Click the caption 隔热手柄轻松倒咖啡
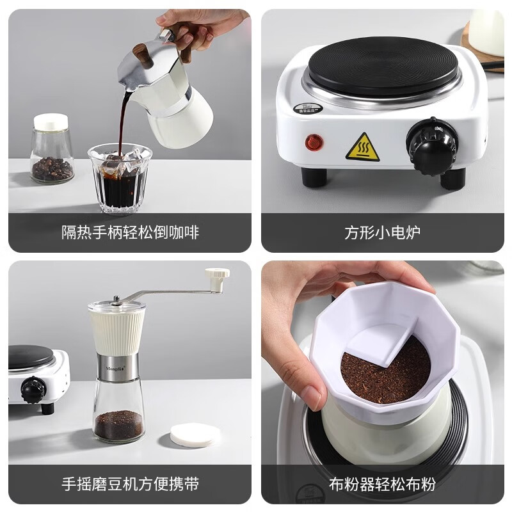(130, 232)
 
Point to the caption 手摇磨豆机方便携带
(130, 483)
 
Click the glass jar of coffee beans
(51, 154)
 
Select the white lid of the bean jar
(51, 121)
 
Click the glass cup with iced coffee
(120, 179)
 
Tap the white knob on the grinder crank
(218, 276)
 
